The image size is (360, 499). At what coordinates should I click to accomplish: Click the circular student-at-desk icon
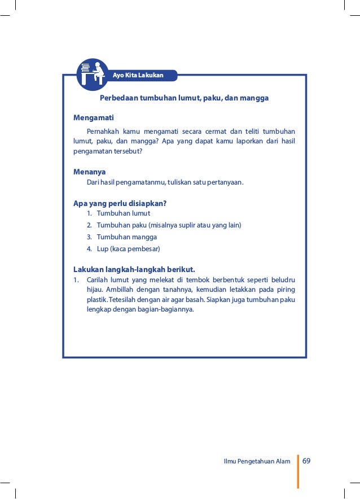(92, 75)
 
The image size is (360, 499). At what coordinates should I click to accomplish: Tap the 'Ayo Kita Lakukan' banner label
(138, 75)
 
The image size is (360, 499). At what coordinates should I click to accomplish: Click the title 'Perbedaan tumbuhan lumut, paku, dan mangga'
(184, 98)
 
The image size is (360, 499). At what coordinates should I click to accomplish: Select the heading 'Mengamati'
(94, 117)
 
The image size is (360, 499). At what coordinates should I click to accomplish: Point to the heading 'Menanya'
(90, 172)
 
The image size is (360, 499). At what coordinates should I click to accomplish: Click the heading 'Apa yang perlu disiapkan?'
(120, 203)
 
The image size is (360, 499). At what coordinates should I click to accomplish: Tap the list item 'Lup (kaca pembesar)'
(129, 249)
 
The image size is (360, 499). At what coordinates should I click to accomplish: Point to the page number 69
(307, 461)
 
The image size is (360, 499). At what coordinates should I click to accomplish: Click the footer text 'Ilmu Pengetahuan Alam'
(257, 461)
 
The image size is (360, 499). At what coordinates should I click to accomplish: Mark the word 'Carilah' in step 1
(98, 279)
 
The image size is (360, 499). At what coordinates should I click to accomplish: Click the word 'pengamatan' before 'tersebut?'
(92, 151)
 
